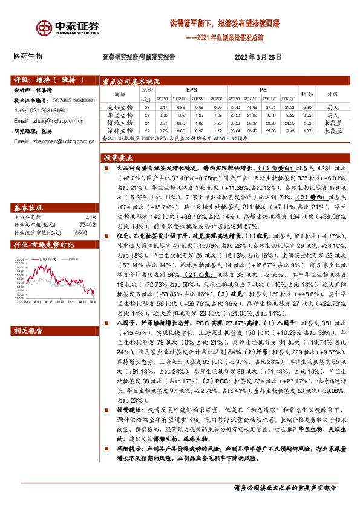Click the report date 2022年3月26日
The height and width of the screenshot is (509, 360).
click(x=258, y=57)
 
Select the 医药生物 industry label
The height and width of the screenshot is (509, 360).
click(x=28, y=56)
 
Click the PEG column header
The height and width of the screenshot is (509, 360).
click(x=307, y=94)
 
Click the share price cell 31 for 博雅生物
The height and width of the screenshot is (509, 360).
click(x=147, y=122)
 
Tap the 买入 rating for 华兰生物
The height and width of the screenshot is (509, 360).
click(x=332, y=115)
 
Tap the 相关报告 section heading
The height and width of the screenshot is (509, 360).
click(x=28, y=330)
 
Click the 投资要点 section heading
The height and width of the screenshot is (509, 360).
click(x=119, y=155)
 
